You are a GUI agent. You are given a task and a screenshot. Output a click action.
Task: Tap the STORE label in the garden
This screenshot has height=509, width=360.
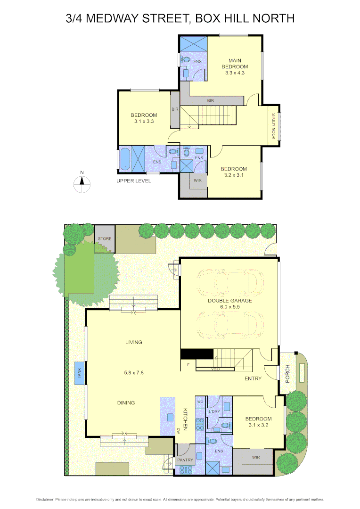(x=105, y=239)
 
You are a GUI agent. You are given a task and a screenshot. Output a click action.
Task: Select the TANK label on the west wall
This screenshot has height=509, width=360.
(x=80, y=373)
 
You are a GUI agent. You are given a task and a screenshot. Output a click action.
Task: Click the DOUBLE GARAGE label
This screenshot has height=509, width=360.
(x=230, y=300)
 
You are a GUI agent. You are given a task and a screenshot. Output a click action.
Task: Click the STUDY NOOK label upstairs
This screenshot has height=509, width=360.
(x=273, y=126)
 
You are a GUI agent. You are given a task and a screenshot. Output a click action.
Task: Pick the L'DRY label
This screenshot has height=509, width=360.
(x=214, y=412)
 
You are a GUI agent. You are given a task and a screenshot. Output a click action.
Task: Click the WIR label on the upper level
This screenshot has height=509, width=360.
(x=198, y=180)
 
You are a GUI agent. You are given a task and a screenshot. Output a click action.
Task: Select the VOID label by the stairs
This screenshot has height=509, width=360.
(x=215, y=369)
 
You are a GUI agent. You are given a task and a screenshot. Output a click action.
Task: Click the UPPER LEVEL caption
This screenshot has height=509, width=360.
(x=134, y=181)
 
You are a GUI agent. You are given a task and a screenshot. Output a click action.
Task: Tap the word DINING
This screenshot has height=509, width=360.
(x=126, y=403)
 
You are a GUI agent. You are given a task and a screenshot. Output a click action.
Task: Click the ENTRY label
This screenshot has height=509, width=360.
(x=253, y=378)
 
